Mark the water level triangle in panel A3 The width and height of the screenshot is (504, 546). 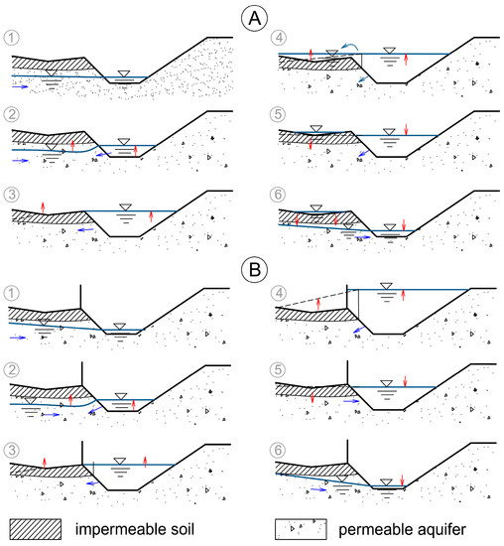[x=124, y=205]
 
